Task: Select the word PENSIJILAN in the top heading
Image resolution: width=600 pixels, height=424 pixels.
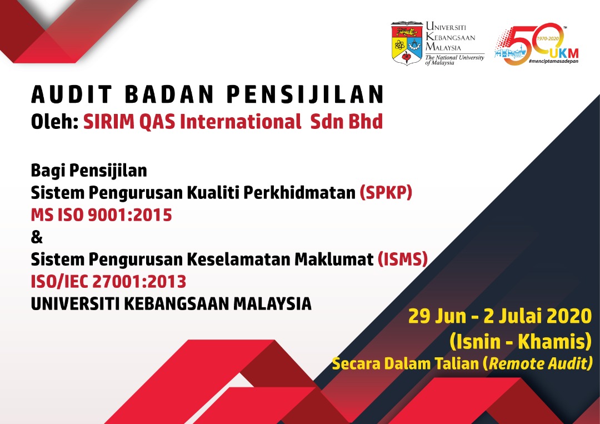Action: [x=305, y=94]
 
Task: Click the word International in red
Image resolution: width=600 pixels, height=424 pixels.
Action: [x=241, y=122]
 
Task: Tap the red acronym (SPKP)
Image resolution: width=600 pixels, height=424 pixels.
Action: [x=386, y=192]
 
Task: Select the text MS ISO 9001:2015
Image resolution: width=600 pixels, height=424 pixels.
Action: [x=102, y=215]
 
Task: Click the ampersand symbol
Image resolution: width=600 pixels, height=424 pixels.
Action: [x=37, y=237]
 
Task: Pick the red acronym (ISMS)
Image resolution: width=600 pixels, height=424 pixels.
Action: [x=403, y=260]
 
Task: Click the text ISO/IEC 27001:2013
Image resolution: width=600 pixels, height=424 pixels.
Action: [x=108, y=282]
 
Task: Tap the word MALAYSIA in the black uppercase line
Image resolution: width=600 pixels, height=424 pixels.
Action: [x=272, y=304]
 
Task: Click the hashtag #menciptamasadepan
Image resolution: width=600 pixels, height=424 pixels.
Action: [x=553, y=61]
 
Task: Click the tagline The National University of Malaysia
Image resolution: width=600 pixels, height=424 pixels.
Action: [x=454, y=59]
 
